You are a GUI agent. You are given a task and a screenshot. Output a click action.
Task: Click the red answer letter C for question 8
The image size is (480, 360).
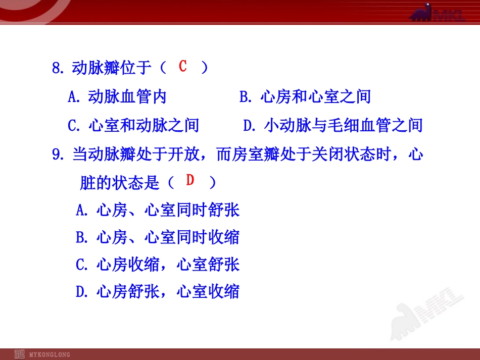point(183,66)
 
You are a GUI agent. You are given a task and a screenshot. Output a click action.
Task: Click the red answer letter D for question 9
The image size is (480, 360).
point(190,180)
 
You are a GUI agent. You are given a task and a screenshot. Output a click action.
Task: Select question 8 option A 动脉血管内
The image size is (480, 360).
point(117,96)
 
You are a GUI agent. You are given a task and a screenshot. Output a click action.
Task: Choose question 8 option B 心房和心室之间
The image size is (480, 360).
point(305,96)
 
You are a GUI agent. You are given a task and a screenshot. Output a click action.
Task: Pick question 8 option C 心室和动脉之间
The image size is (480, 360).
point(133,125)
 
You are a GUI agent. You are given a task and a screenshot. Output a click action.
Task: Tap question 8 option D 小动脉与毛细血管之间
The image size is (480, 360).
point(332,125)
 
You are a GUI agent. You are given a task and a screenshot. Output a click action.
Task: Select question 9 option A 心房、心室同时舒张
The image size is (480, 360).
point(158,210)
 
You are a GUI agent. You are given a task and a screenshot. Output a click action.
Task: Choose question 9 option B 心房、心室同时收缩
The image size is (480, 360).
point(158,237)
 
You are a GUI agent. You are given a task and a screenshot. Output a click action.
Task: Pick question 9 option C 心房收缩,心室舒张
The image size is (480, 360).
point(158,264)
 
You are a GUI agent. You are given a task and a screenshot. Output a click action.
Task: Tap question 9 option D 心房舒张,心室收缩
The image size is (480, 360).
point(158,291)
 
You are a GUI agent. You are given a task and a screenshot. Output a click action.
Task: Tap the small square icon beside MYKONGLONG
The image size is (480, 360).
point(20,354)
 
